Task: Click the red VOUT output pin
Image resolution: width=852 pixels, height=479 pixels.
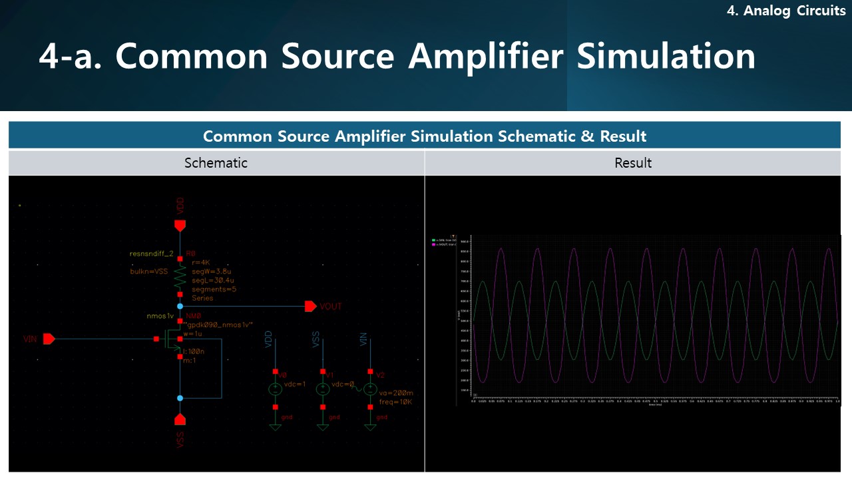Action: coord(310,306)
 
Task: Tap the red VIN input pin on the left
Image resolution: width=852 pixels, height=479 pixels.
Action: coord(49,339)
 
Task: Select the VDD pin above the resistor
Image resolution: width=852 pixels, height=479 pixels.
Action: coord(180,226)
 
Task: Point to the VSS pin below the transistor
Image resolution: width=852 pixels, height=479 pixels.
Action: coord(180,419)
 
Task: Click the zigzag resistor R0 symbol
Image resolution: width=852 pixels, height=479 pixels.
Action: coord(180,276)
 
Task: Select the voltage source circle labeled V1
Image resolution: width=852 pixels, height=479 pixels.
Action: coord(323,389)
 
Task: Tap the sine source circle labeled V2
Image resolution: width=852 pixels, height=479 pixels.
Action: coord(370,389)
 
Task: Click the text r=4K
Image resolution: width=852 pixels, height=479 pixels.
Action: coord(202,262)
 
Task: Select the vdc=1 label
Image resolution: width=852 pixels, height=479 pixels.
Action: coord(294,385)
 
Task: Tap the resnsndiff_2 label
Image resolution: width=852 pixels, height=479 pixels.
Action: coord(151,253)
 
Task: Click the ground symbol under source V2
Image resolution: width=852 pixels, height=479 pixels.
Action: coord(370,426)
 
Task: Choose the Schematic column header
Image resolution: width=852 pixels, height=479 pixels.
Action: coord(216,163)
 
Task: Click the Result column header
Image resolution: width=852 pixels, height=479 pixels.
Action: coord(632,163)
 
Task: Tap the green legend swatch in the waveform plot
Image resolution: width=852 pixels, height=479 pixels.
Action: coord(434,239)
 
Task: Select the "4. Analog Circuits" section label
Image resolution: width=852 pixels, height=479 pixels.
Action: coord(785,11)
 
